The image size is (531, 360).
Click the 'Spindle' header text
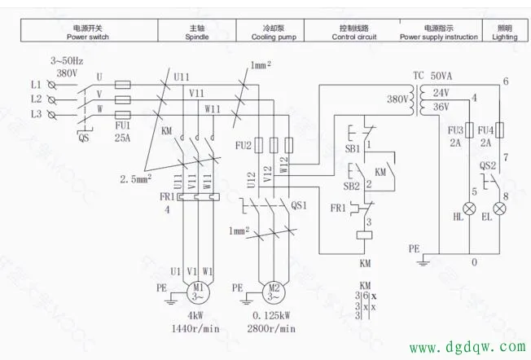click(197, 37)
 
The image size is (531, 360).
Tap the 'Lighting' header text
click(505, 37)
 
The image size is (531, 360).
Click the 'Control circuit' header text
click(357, 37)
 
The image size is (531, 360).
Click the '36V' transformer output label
click(441, 107)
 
